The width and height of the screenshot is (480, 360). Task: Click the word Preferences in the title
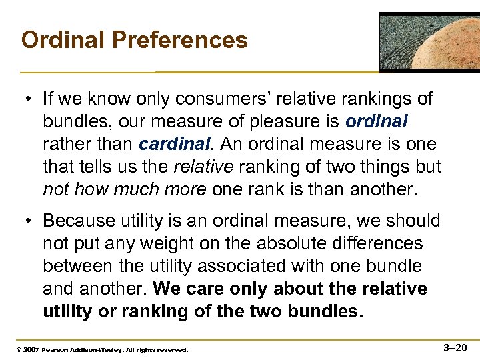pos(180,40)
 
